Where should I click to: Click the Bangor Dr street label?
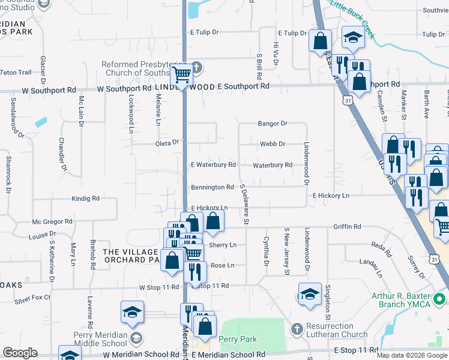pos(273,124)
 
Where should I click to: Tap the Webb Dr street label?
pos(272,144)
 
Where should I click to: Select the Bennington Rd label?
pos(212,187)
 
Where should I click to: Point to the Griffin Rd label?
pos(348,227)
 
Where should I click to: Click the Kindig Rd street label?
pos(85,198)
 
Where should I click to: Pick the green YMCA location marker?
pos(440,298)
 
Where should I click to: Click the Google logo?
pos(20,353)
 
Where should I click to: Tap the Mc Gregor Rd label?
pos(52,221)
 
